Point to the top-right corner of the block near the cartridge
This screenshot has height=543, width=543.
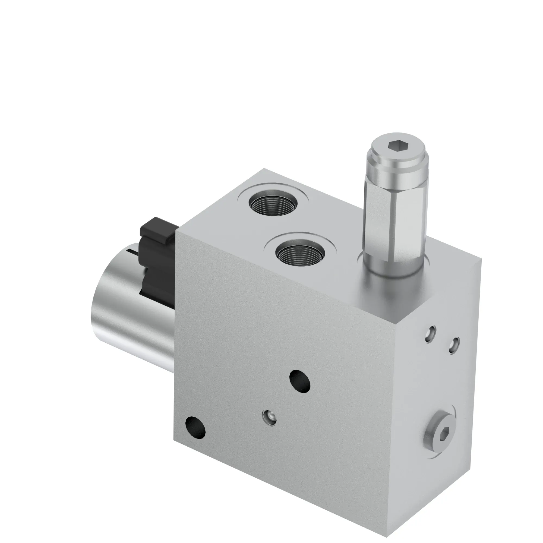(x=481, y=259)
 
